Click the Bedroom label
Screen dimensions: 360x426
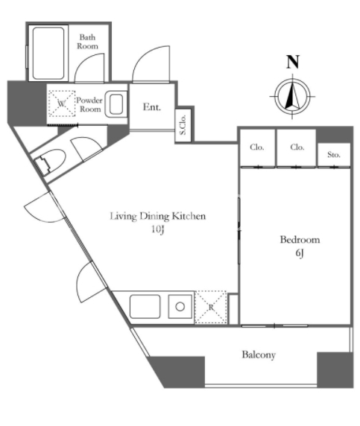point(300,240)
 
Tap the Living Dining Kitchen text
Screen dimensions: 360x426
point(158,216)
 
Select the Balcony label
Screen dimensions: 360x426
point(259,355)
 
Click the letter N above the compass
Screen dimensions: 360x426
point(293,62)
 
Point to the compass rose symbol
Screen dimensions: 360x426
point(292,96)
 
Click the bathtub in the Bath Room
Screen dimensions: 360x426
point(48,54)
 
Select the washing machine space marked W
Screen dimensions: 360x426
point(62,104)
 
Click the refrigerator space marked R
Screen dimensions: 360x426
point(211,308)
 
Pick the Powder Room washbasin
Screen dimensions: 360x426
point(116,104)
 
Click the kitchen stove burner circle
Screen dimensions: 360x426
point(180,307)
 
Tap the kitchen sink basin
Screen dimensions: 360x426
point(145,306)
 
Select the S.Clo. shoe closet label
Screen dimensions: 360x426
point(183,124)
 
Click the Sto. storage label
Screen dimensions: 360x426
point(334,155)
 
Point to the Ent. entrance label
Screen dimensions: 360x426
point(152,107)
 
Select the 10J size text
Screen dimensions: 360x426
point(158,230)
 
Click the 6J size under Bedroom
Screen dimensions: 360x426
point(300,253)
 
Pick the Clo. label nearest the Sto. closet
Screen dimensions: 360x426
point(297,147)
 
